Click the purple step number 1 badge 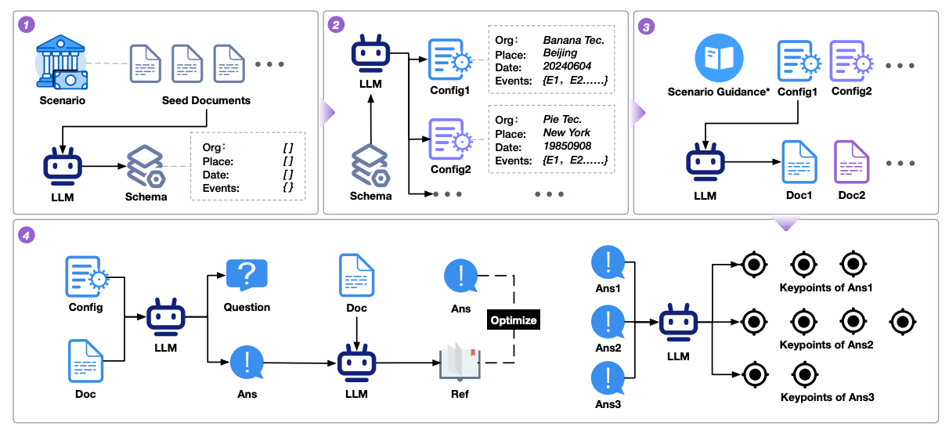26,25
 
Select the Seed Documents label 206,100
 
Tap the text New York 567,132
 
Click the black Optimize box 514,320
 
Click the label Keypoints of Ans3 827,397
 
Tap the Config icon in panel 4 85,279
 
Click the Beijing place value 560,53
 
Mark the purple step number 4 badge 26,234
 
